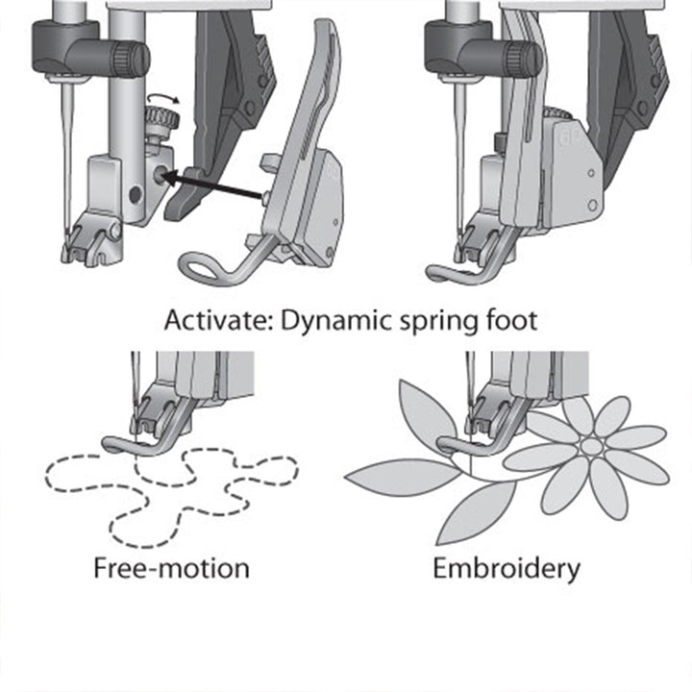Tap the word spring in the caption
[x=437, y=321]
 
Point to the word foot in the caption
[x=508, y=319]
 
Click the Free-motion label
[x=171, y=568]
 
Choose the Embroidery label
[x=506, y=568]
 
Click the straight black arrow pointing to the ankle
[x=216, y=186]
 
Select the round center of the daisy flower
[x=592, y=447]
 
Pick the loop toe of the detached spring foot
[x=204, y=267]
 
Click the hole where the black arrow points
[x=157, y=177]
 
